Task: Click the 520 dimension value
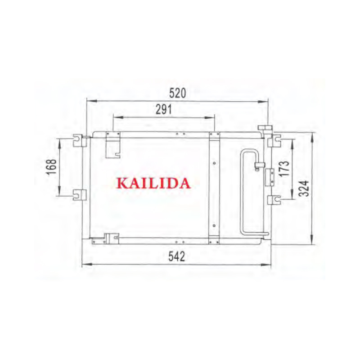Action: click(x=177, y=93)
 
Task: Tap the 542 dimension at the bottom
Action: click(x=176, y=256)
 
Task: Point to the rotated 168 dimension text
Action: click(x=51, y=167)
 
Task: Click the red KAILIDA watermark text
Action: click(x=153, y=183)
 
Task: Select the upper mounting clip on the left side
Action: click(x=80, y=140)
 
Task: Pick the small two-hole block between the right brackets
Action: click(x=270, y=176)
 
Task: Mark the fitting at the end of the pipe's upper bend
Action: click(x=258, y=166)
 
